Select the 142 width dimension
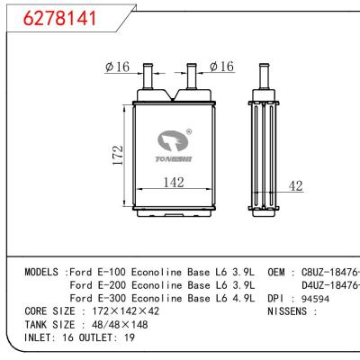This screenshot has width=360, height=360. point(174,184)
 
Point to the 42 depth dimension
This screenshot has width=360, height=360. point(295,186)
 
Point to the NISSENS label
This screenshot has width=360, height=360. point(290,310)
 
